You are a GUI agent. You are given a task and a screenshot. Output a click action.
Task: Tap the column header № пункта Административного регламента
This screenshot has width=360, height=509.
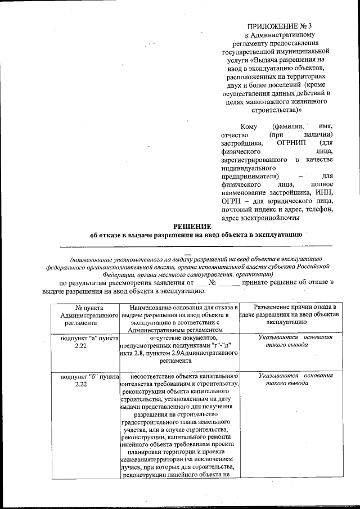pyautogui.click(x=84, y=316)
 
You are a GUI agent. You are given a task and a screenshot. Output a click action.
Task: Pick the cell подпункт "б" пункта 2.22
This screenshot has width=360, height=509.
pyautogui.click(x=84, y=380)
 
